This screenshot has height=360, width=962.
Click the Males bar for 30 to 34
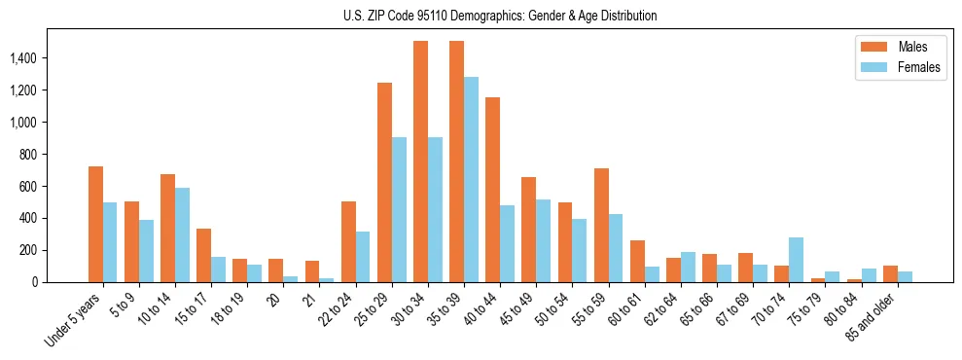[420, 162]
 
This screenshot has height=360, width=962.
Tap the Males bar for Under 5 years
[95, 224]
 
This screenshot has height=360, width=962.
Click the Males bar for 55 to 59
[601, 225]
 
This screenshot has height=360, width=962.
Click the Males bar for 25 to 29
[384, 182]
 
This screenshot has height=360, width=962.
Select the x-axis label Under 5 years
[74, 322]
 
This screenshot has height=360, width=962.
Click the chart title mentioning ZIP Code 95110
[500, 16]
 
